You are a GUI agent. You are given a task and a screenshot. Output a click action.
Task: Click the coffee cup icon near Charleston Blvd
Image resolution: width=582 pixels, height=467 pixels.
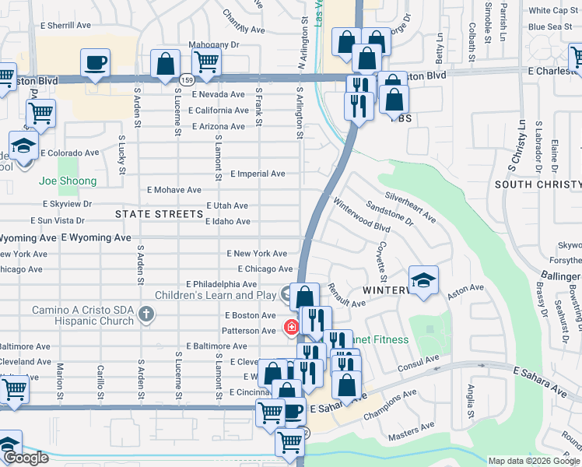[95, 62]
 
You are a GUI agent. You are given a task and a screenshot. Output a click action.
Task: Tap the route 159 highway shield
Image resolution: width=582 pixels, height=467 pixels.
[186, 79]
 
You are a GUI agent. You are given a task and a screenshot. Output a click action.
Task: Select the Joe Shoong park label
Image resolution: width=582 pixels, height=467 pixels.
[68, 181]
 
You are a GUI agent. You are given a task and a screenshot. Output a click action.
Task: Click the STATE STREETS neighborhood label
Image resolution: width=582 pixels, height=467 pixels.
[159, 213]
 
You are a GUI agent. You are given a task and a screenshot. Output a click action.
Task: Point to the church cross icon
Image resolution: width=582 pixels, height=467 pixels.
[145, 314]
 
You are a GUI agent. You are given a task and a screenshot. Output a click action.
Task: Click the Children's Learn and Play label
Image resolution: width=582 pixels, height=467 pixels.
[216, 295]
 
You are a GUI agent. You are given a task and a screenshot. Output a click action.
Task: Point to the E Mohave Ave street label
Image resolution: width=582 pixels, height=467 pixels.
[174, 190]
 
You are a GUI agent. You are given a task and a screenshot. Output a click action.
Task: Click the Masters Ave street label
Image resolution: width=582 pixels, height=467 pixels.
[411, 428]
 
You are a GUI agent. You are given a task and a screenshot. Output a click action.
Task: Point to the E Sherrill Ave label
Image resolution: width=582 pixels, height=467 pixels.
[65, 26]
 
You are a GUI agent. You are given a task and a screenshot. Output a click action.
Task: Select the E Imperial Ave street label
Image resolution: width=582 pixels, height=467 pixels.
[258, 174]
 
